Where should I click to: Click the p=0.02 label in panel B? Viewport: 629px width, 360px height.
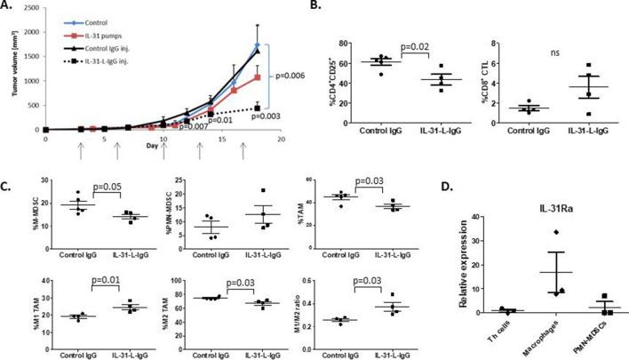(417, 49)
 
